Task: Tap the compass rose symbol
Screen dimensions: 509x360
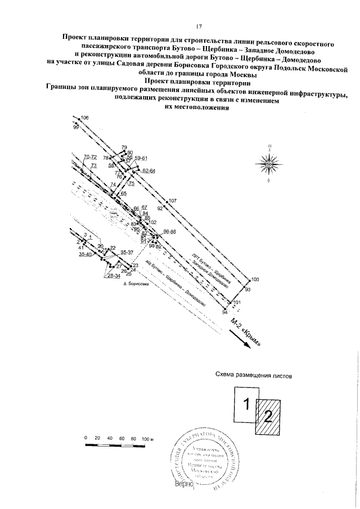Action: coord(269,163)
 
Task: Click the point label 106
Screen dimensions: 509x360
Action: coord(85,118)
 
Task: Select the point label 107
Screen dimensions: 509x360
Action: coord(173,201)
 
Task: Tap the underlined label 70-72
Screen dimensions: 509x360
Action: coord(90,156)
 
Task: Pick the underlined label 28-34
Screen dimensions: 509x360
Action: coord(114,276)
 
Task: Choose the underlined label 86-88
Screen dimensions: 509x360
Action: coord(169,232)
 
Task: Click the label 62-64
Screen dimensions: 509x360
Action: coord(148,170)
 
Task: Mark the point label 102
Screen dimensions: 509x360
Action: coord(152,223)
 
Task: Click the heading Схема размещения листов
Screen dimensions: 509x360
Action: coord(254,374)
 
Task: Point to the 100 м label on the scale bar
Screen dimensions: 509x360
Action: coord(148,438)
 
